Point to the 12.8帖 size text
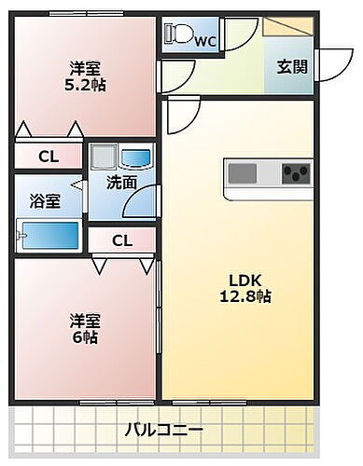(x=246, y=296)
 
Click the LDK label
(x=246, y=279)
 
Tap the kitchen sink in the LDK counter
(x=243, y=174)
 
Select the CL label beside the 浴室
(x=48, y=158)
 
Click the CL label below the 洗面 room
(x=122, y=240)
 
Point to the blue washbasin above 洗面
(x=137, y=156)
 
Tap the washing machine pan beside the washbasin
(x=105, y=156)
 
